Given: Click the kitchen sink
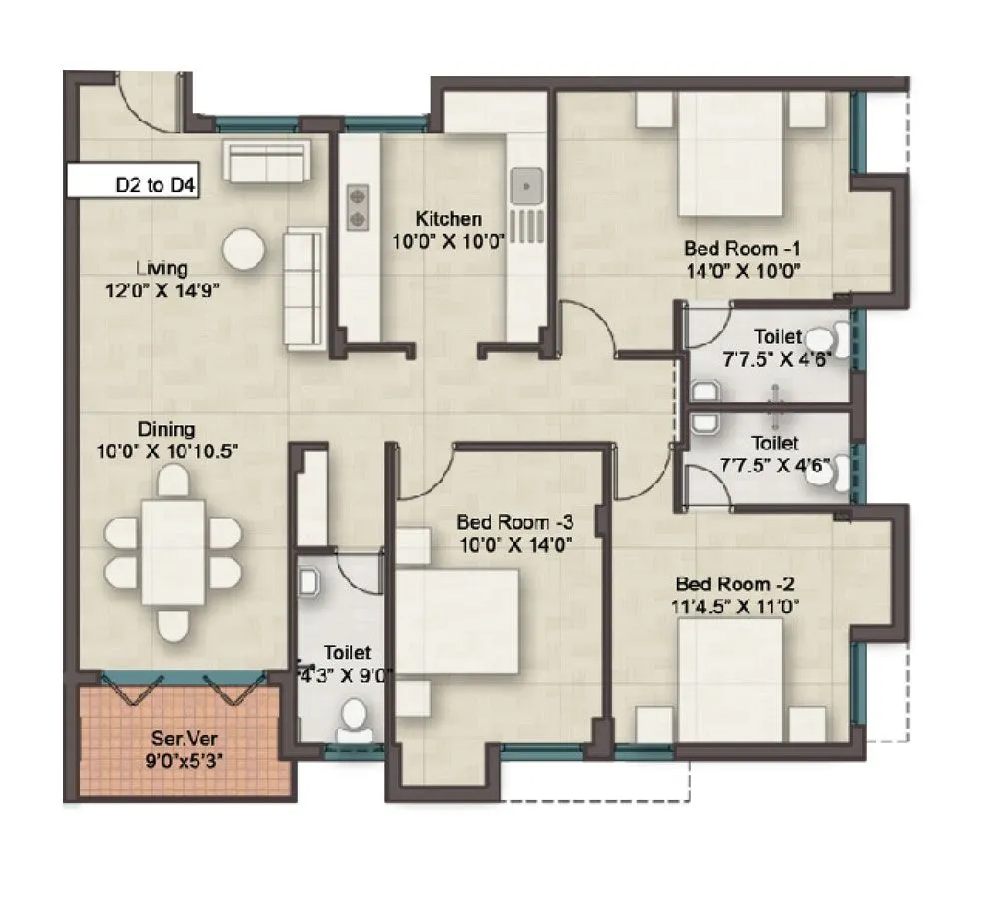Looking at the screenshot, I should [x=527, y=185].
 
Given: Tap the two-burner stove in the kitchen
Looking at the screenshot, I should [x=357, y=206].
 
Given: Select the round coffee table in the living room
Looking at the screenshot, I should [x=244, y=249].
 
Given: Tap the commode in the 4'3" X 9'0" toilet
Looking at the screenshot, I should [x=354, y=719].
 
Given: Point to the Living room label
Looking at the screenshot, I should [x=163, y=268].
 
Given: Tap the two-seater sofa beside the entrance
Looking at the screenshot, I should [x=265, y=160].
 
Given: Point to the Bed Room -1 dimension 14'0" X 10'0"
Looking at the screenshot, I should [x=745, y=270].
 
